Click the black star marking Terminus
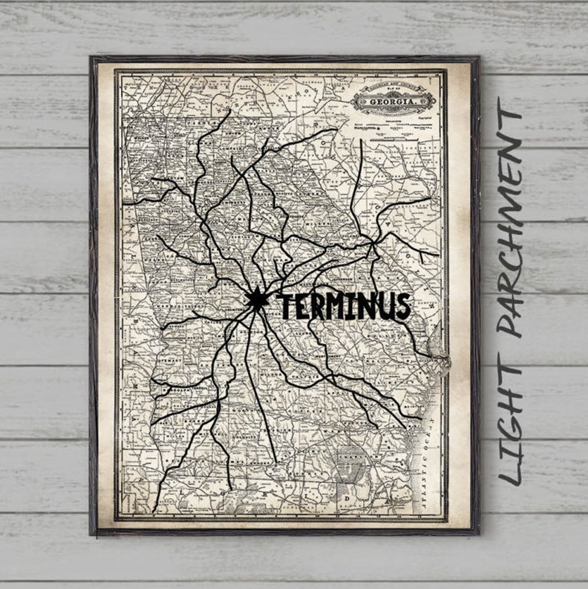[x=254, y=298]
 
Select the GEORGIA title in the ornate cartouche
[x=394, y=101]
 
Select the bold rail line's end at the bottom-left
[x=154, y=511]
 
